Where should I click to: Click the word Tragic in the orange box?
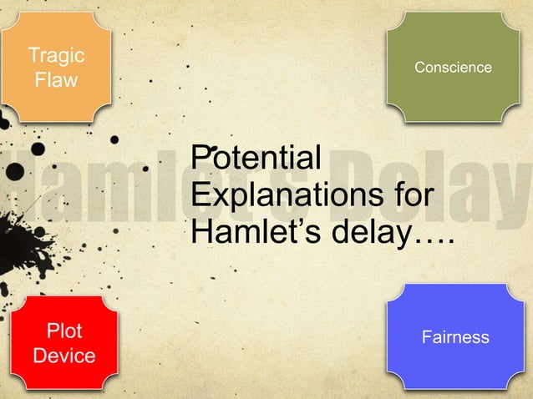tap(56, 56)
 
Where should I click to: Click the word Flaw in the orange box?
tap(56, 81)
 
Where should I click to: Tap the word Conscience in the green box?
tap(453, 67)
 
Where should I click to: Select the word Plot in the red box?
tap(63, 331)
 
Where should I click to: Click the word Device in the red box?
tap(63, 356)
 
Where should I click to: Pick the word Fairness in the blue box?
tap(455, 337)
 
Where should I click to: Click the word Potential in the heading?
tap(256, 158)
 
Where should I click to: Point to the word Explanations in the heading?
tap(282, 197)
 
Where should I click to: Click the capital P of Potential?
tap(201, 158)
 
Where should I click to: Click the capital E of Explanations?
tap(201, 197)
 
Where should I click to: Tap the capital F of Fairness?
tap(427, 337)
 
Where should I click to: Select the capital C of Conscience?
tap(419, 67)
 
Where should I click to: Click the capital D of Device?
tap(38, 356)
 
